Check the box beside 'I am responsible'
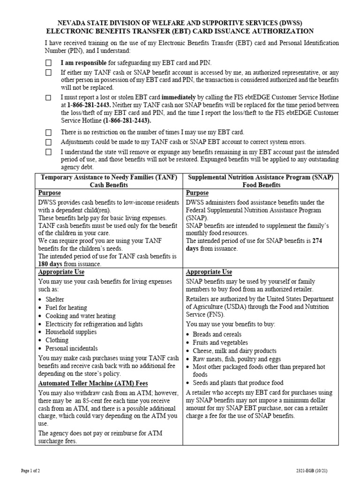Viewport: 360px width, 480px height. tap(49, 62)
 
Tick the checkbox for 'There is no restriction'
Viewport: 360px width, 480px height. tap(49, 133)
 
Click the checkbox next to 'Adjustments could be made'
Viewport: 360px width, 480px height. tap(49, 142)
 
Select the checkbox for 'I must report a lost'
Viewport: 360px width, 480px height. tap(49, 97)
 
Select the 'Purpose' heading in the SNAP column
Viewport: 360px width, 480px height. tap(197, 193)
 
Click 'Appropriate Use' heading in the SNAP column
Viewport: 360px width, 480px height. tap(209, 272)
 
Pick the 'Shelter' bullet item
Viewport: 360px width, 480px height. tap(55, 299)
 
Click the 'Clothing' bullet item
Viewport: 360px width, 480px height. tap(57, 340)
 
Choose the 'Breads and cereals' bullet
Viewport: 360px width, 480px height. tap(217, 334)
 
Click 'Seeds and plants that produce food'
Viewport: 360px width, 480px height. tap(238, 383)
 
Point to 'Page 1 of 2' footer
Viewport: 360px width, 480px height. tap(31, 470)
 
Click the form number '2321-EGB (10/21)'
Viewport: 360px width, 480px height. tap(325, 470)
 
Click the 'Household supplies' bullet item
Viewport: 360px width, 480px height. tap(71, 332)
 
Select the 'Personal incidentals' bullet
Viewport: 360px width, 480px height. tap(71, 348)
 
